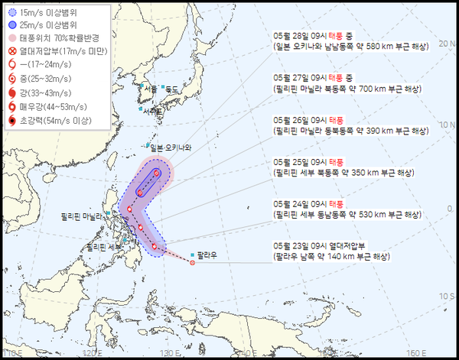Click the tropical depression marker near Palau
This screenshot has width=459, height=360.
pos(193,264)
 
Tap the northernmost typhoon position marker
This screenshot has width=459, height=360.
pos(156,174)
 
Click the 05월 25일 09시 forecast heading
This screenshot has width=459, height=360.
pos(312,162)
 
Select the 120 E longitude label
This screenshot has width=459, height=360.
pos(92,352)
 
